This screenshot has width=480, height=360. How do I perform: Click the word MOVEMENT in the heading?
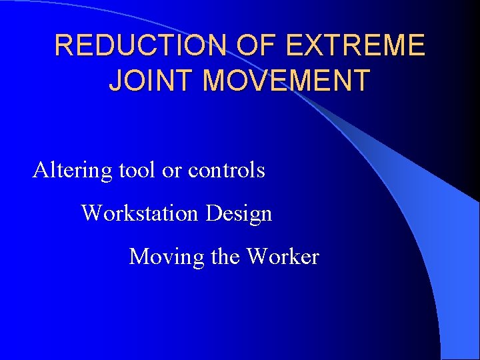(286, 80)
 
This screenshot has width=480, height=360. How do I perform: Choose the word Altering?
(73, 171)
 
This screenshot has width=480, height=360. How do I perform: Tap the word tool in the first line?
(137, 171)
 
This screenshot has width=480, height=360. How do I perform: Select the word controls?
(226, 171)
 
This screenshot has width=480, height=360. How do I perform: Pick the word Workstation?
(140, 213)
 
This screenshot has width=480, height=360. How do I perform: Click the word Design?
(239, 214)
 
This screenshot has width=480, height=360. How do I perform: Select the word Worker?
(283, 257)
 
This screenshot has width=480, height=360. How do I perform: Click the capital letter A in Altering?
(40, 171)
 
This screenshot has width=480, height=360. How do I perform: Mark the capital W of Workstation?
(90, 213)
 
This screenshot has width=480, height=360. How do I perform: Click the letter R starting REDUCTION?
(63, 46)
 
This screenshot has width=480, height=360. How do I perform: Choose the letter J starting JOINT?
(115, 80)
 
